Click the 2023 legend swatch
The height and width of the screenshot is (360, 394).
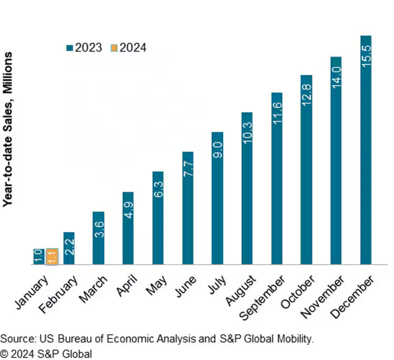[x=69, y=48]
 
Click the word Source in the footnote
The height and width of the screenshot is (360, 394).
[x=15, y=339]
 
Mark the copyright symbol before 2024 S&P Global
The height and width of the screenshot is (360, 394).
[x=4, y=353]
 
